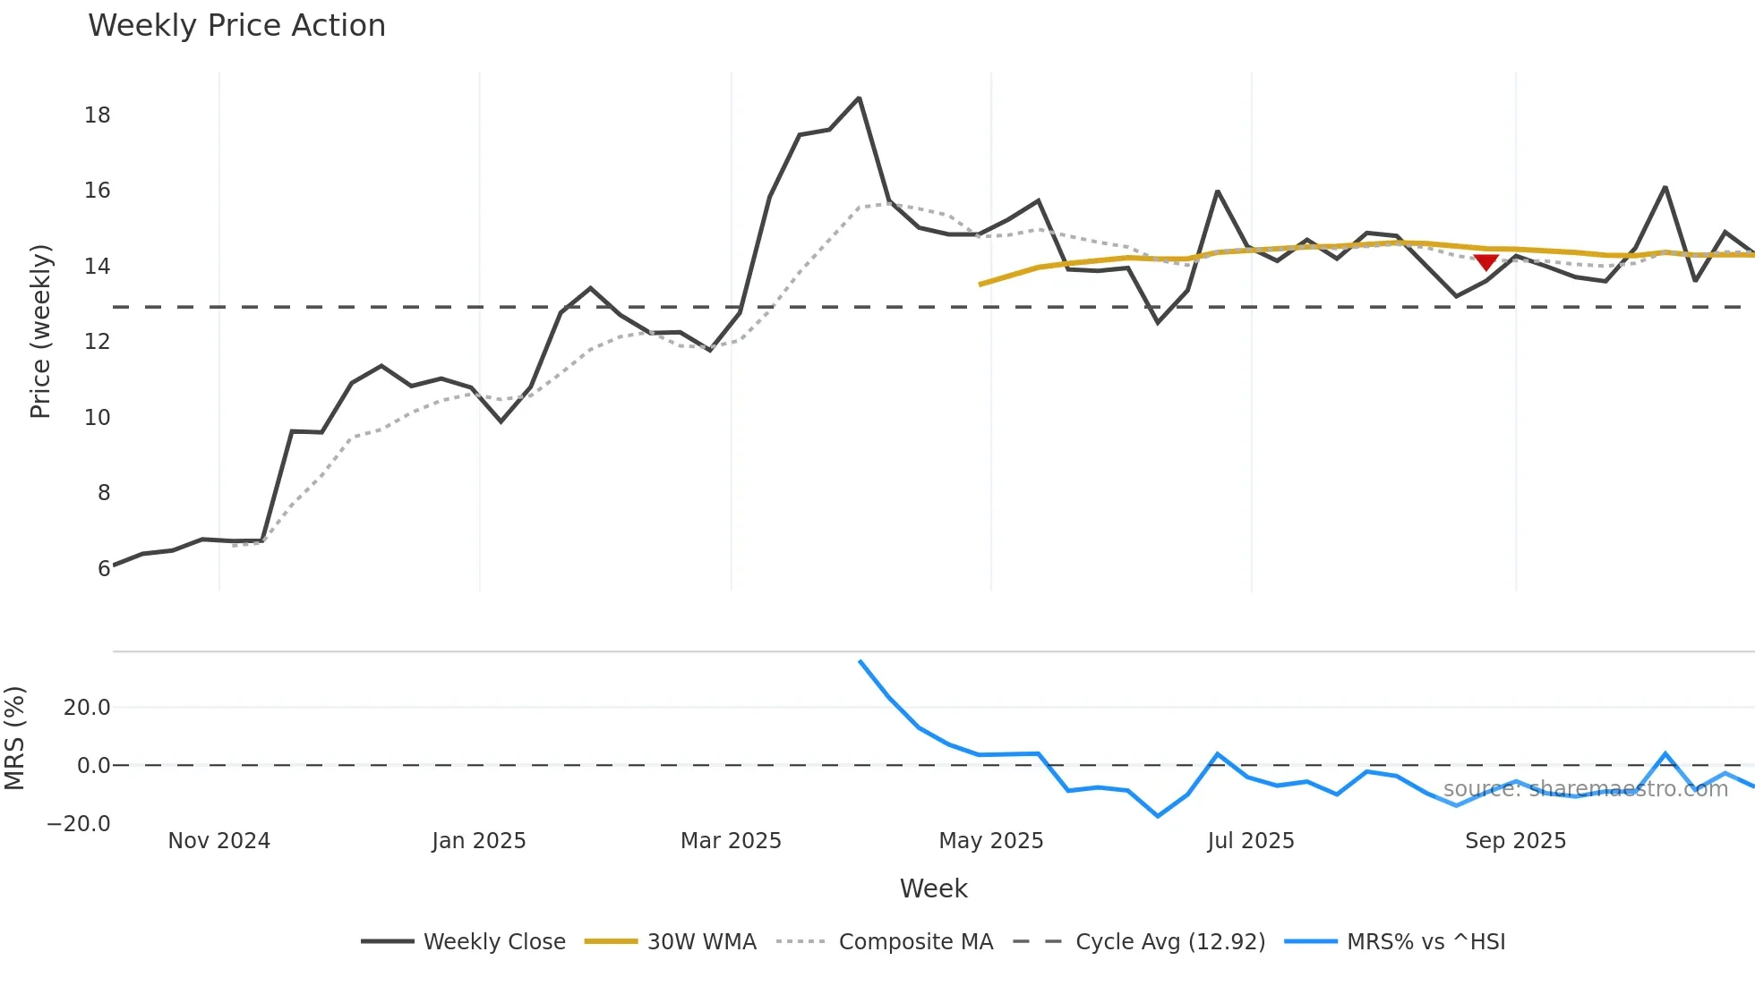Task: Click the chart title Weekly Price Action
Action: pyautogui.click(x=236, y=25)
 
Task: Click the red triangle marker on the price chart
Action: pyautogui.click(x=1485, y=262)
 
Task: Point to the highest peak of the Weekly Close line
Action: pyautogui.click(x=859, y=98)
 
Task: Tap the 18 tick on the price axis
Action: pyautogui.click(x=97, y=115)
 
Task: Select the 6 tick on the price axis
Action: pyautogui.click(x=104, y=568)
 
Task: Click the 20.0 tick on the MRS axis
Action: pyautogui.click(x=87, y=708)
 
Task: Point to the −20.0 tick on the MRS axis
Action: pyautogui.click(x=79, y=824)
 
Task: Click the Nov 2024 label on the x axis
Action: pyautogui.click(x=218, y=841)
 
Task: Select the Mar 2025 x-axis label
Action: pyautogui.click(x=731, y=841)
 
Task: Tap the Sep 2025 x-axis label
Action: pyautogui.click(x=1515, y=841)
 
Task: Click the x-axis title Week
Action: pyautogui.click(x=933, y=888)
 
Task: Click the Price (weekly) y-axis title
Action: pyautogui.click(x=40, y=331)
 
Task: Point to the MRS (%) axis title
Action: pyautogui.click(x=14, y=738)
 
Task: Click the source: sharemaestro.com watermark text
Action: pyautogui.click(x=1585, y=789)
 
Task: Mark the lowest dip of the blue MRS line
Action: pyautogui.click(x=1158, y=816)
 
